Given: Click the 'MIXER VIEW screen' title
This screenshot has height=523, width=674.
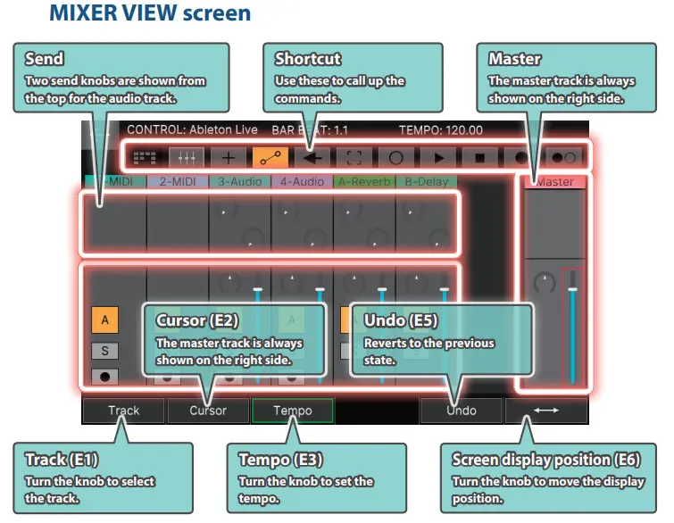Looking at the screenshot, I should point(150,14).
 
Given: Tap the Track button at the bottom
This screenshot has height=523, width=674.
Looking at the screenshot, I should point(124,411).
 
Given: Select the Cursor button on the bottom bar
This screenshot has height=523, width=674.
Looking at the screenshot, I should point(208,411).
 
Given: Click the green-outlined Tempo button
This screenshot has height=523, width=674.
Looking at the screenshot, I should point(292,411).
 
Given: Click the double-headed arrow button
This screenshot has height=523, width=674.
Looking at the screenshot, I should point(545,411).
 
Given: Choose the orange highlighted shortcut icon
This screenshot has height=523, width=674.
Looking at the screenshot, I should point(269,157).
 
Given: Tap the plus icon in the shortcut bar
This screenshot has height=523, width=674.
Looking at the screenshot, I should point(229,157).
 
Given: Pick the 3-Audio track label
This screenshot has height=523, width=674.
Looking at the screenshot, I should point(239,181).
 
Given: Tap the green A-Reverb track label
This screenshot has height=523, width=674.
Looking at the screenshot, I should point(365,181).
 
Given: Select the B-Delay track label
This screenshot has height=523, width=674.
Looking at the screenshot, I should point(427,181).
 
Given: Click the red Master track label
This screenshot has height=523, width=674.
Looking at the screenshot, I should point(554,182).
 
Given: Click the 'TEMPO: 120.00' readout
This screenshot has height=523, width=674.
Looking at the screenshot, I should point(440,130).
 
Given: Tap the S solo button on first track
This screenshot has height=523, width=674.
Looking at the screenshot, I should point(104,351).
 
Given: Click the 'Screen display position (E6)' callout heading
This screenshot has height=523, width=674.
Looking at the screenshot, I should point(545,461).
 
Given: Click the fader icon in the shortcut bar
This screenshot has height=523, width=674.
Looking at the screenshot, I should point(187,157).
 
